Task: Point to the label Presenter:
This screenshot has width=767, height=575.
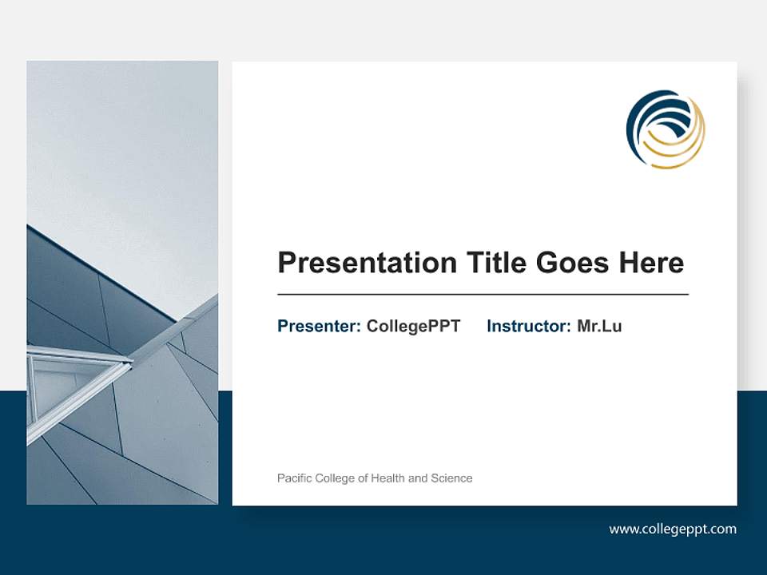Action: pyautogui.click(x=319, y=326)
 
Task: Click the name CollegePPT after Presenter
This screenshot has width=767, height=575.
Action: pyautogui.click(x=413, y=326)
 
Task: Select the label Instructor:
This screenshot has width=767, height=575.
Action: pyautogui.click(x=529, y=326)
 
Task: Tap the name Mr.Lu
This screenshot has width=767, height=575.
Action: pyautogui.click(x=599, y=326)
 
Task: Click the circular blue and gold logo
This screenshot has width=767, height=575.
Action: pyautogui.click(x=666, y=129)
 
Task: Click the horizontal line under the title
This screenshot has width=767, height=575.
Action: pyautogui.click(x=483, y=295)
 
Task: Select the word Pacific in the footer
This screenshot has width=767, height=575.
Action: pyautogui.click(x=294, y=478)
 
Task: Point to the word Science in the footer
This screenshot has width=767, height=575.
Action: pyautogui.click(x=451, y=478)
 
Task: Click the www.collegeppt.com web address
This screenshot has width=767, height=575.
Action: pyautogui.click(x=673, y=529)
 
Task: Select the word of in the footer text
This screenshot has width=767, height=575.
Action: pyautogui.click(x=364, y=478)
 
